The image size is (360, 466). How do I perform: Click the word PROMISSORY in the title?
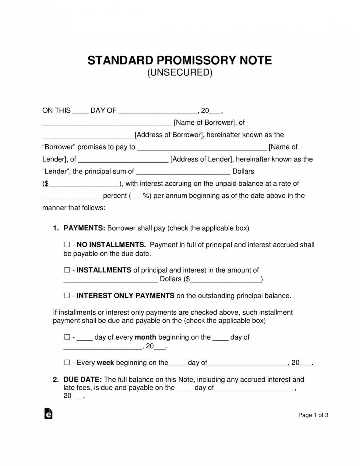click(196, 60)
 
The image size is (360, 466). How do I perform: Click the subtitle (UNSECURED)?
click(180, 73)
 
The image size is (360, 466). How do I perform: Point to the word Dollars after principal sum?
click(243, 171)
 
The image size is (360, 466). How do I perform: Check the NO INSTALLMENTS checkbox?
click(67, 245)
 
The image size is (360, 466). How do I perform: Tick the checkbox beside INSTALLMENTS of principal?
click(67, 270)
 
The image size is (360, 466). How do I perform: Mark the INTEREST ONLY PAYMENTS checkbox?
click(67, 295)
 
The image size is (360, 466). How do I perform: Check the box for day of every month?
click(67, 337)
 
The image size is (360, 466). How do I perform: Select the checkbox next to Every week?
click(67, 363)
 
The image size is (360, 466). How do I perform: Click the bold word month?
click(145, 337)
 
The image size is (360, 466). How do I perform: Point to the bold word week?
click(105, 363)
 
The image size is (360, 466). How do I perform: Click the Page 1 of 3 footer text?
click(313, 415)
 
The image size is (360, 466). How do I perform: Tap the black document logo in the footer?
click(49, 414)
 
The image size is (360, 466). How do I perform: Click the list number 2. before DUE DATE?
click(56, 380)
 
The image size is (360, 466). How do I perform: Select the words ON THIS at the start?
click(56, 110)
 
